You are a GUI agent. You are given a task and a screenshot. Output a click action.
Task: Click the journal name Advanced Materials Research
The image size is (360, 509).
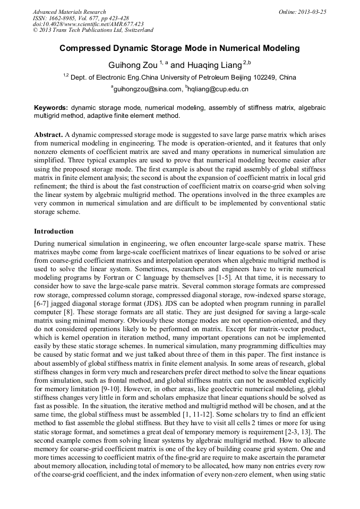pyautogui.click(x=69, y=12)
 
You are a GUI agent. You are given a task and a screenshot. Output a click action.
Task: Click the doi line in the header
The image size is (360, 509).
pyautogui.click(x=88, y=24)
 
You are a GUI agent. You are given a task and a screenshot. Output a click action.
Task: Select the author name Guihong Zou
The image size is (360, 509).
pyautogui.click(x=132, y=65)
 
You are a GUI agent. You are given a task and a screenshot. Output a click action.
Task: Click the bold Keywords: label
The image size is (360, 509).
pyautogui.click(x=51, y=107)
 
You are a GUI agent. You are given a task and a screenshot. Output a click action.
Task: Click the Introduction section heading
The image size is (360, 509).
pyautogui.click(x=54, y=231)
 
